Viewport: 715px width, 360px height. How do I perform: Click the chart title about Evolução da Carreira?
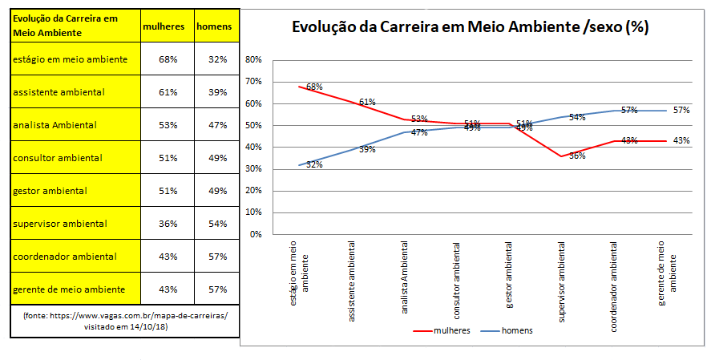tap(471, 27)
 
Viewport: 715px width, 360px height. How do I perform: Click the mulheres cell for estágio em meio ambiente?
tap(168, 59)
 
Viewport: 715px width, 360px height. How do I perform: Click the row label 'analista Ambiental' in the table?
tap(55, 125)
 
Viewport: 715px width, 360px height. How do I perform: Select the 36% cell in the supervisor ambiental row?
tap(168, 224)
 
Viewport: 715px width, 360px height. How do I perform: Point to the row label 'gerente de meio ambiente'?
tap(69, 289)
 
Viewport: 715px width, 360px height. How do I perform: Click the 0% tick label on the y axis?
tap(256, 234)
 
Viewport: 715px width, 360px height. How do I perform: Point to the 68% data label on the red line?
tap(313, 87)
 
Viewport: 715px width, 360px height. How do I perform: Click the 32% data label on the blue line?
tap(313, 164)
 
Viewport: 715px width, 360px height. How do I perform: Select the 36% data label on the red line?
tap(577, 156)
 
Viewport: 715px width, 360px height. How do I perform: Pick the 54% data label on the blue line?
tap(577, 117)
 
